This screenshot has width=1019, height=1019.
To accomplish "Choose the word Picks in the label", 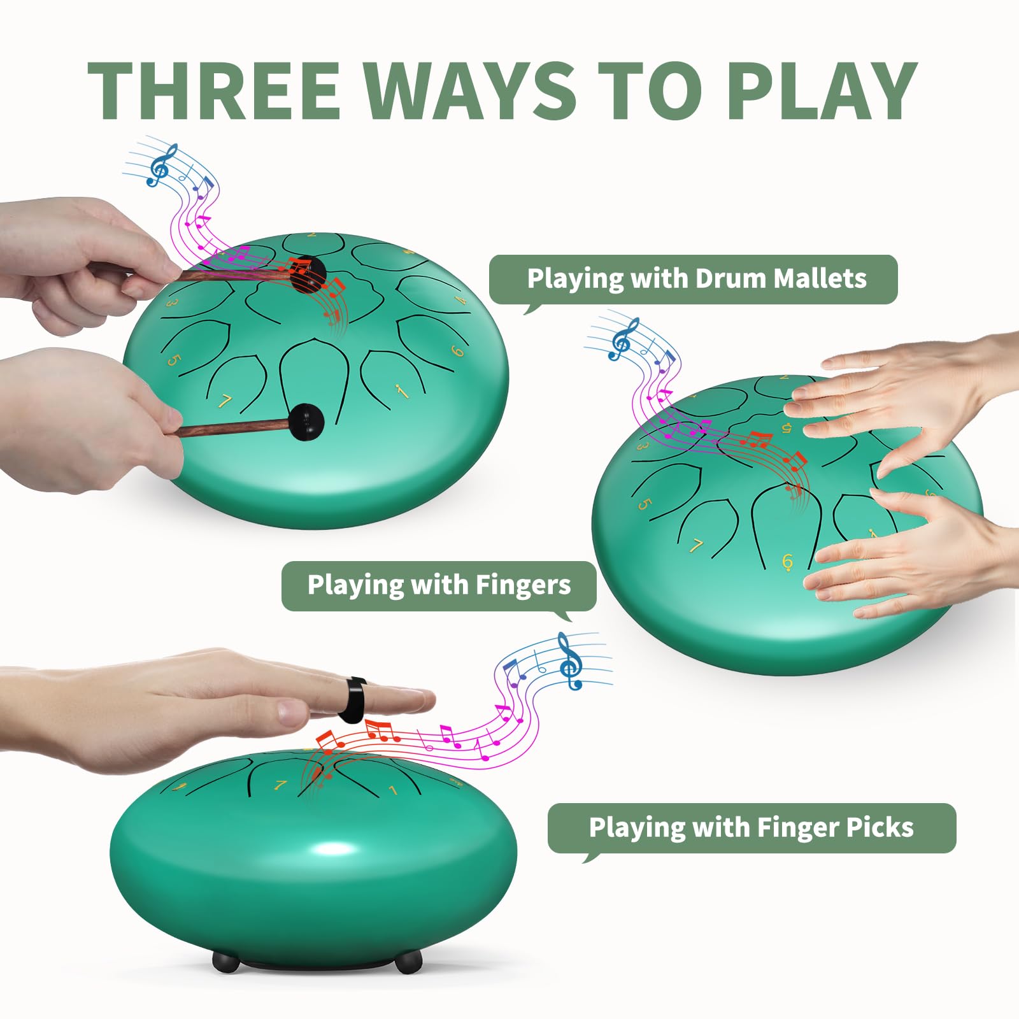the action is pyautogui.click(x=880, y=827).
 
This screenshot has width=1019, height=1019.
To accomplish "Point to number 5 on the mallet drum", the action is pyautogui.click(x=173, y=361).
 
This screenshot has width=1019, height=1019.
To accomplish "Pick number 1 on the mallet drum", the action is pyautogui.click(x=401, y=390).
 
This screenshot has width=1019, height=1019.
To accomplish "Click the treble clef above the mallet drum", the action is pyautogui.click(x=164, y=164).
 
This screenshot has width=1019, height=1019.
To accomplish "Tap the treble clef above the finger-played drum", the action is pyautogui.click(x=624, y=339).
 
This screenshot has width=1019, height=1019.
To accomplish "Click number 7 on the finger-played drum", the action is pyautogui.click(x=697, y=546).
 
